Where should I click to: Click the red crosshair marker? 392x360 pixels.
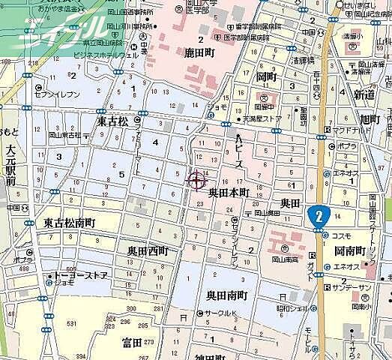pyautogui.click(x=197, y=179)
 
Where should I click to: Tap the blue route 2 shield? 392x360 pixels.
pyautogui.click(x=319, y=215)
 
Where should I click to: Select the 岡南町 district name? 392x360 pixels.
pyautogui.click(x=349, y=250)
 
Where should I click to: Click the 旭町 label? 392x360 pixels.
pyautogui.click(x=370, y=119)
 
